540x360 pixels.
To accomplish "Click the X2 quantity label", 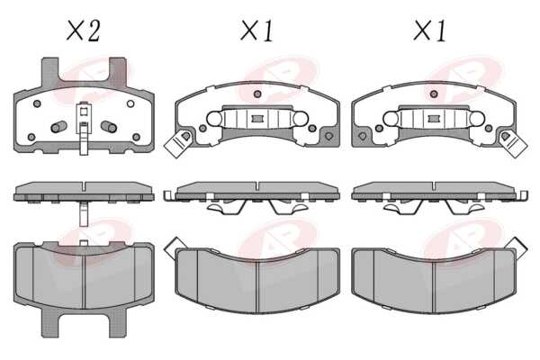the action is [83, 31].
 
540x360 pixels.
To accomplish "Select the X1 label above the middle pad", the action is [256, 31].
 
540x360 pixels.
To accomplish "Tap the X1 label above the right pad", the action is [429, 31].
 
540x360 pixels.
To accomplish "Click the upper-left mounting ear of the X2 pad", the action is [49, 72].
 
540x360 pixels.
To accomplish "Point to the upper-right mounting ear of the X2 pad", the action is [118, 72].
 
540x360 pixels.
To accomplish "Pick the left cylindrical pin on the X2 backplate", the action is [58, 127].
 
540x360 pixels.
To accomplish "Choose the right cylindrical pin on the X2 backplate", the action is [109, 127].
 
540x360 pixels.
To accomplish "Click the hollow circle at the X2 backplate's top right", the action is [130, 103].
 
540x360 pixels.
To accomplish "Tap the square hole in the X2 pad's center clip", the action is [83, 112].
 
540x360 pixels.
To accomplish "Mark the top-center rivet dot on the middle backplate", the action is [256, 94].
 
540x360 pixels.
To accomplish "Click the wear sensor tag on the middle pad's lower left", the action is [177, 143].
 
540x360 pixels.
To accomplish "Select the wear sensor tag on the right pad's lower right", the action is [513, 143].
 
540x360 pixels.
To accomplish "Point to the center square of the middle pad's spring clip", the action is [256, 119].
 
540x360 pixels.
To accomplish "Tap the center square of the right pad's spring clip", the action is [434, 119].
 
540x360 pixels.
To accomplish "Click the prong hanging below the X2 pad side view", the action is [83, 213].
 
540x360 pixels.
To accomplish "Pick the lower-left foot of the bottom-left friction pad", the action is [49, 324].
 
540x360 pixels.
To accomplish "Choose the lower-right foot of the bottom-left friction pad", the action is [117, 324].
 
